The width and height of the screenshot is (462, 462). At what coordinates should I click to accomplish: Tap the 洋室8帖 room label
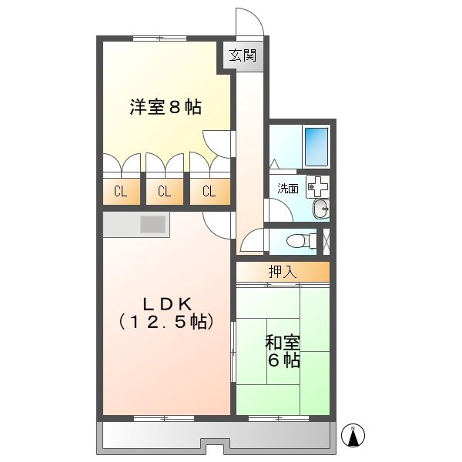click(x=166, y=108)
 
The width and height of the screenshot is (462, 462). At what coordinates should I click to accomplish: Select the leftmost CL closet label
click(x=121, y=192)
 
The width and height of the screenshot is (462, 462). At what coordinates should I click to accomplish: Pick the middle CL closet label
click(x=164, y=192)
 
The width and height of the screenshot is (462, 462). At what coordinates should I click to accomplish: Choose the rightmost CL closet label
click(x=209, y=192)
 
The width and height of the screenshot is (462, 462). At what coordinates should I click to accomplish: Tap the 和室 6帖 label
click(x=283, y=350)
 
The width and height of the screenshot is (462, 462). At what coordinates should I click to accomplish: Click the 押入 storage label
click(x=282, y=272)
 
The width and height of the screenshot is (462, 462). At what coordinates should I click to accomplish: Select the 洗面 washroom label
click(x=288, y=189)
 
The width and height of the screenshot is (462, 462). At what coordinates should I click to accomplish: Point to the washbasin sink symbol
click(x=321, y=208)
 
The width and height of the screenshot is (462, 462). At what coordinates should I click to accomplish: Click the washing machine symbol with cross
click(x=316, y=186)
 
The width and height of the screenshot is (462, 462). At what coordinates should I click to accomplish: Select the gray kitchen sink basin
click(x=152, y=224)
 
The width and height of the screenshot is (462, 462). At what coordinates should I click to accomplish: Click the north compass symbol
click(x=353, y=435)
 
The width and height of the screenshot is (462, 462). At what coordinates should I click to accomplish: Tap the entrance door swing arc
click(x=249, y=22)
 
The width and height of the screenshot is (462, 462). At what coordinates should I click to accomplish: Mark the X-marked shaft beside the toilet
click(x=324, y=239)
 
